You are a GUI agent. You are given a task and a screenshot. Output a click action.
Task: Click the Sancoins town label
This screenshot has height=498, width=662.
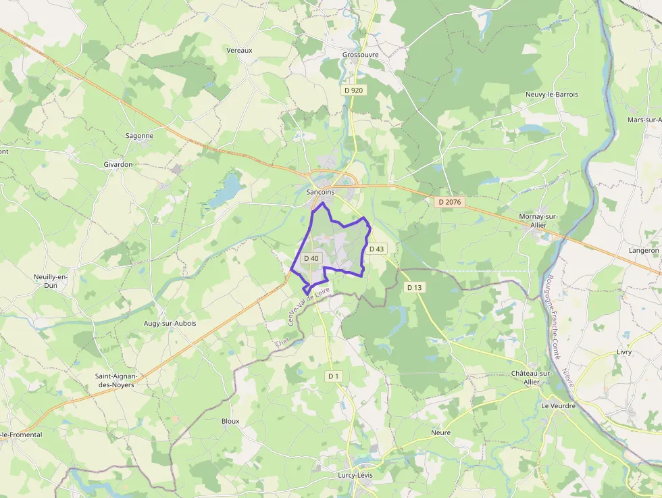coord(320,193)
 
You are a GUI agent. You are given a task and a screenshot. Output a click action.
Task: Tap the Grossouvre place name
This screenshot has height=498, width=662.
coord(360,55)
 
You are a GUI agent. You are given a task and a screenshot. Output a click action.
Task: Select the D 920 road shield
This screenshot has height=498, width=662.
coord(353,90)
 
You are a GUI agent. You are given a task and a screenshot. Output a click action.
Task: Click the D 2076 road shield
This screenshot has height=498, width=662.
coord(449,201)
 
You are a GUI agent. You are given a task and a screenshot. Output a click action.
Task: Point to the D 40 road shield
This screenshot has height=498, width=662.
coord(311,258)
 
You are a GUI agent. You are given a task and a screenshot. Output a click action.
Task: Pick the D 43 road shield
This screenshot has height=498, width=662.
coord(377,249)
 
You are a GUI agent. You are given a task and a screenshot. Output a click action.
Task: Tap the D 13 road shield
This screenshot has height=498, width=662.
coord(414,287)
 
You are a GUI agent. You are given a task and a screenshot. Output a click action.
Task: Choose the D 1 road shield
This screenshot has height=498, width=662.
coord(333,376)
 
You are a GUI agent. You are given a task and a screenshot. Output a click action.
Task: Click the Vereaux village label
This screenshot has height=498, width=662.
coord(239,51)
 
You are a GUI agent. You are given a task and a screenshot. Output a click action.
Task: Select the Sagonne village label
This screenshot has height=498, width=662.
coord(139,136)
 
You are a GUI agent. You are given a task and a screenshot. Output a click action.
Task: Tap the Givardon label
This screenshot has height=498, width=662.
coord(118,164)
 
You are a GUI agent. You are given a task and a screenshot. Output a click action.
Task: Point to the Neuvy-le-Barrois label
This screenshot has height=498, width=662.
coord(552,95)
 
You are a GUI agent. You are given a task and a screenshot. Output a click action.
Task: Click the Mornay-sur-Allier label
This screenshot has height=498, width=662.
coord(538,220)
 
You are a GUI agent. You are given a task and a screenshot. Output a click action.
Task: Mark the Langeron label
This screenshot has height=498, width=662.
coord(643,250)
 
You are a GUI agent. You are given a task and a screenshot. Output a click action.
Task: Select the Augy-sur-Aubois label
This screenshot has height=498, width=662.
coord(170,324)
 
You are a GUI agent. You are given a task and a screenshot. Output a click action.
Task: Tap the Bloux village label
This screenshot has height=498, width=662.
coord(230,421)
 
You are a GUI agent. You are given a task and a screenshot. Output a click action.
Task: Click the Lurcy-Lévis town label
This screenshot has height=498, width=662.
coord(355,475)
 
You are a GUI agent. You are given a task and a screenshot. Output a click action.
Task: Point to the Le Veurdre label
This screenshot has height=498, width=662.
coord(558,406)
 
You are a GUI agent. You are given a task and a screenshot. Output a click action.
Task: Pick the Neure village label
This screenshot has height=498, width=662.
coord(440,432)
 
